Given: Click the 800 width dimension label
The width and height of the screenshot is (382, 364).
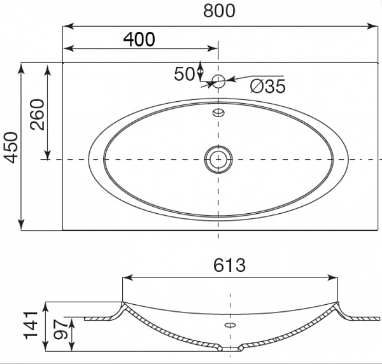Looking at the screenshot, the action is (x=219, y=11).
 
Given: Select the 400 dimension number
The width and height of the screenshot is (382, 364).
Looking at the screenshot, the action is (x=139, y=39).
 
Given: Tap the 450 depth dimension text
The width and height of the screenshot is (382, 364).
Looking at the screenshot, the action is (x=11, y=147).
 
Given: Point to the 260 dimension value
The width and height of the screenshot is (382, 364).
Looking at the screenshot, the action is (x=38, y=114).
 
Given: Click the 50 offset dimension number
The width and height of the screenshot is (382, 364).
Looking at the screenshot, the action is (x=185, y=74).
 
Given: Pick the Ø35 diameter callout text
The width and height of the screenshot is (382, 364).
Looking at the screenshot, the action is (x=268, y=86).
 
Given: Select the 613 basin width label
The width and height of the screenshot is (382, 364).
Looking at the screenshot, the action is (x=229, y=265).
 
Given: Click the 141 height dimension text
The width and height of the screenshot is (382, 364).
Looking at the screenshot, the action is (x=30, y=325).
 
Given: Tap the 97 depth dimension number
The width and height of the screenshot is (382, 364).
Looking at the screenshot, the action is (x=60, y=330).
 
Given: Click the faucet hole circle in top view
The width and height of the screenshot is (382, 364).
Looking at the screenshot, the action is (x=218, y=81).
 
